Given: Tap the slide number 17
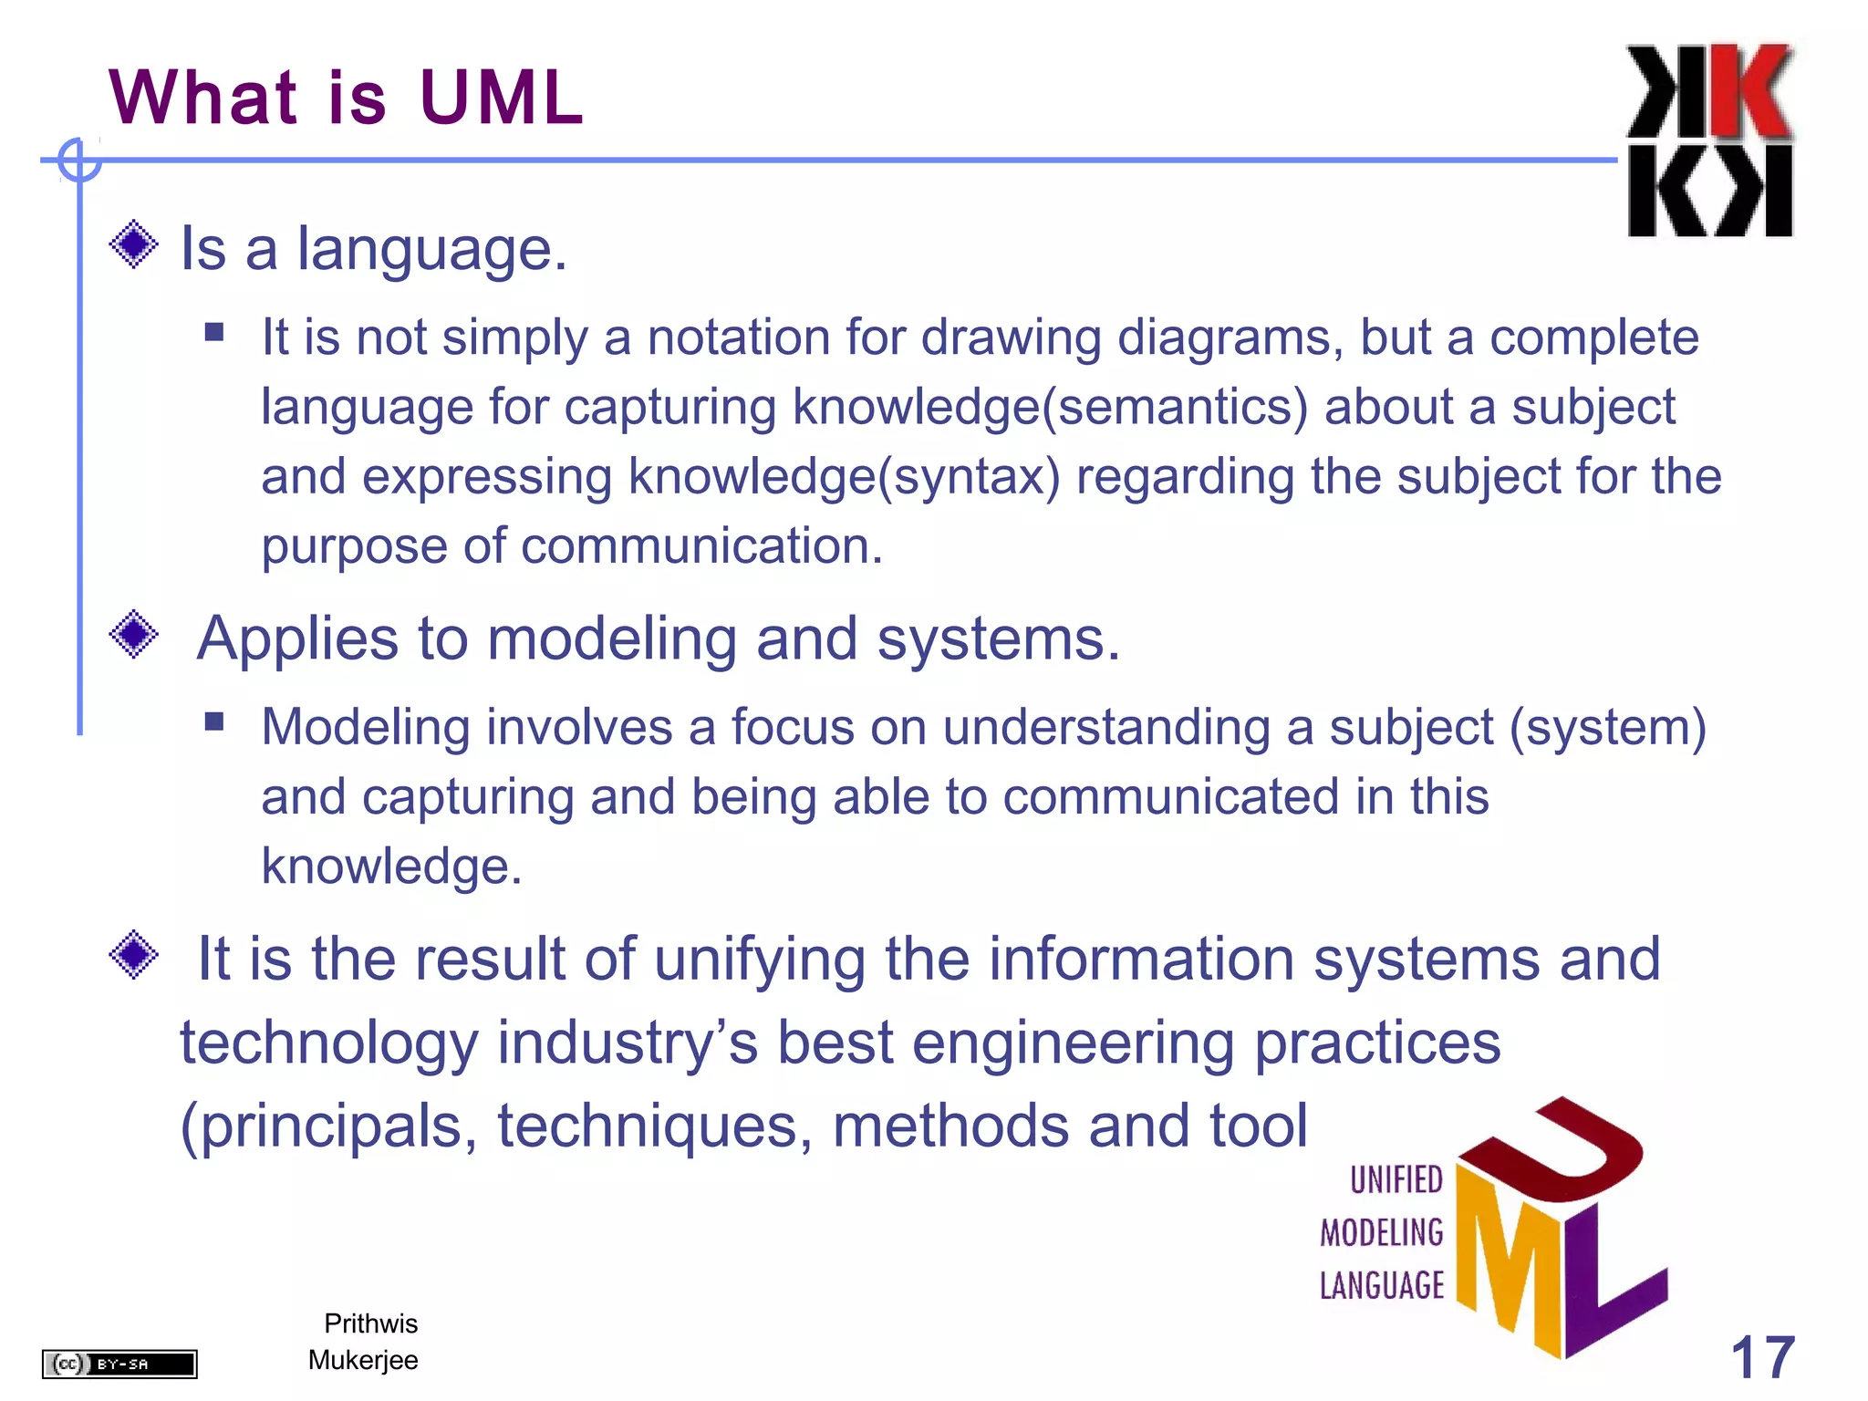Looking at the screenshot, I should click(1762, 1357).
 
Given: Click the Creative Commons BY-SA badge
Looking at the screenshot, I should click(119, 1364).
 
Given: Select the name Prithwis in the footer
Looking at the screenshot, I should click(370, 1323).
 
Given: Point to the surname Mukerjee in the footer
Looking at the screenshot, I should click(363, 1360).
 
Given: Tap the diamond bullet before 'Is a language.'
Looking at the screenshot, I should click(133, 244).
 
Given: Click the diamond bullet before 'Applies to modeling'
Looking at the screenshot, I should click(133, 634).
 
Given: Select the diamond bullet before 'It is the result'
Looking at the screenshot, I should click(133, 955).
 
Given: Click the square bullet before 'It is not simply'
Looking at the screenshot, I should click(214, 331).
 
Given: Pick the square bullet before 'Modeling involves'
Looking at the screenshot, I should click(214, 721).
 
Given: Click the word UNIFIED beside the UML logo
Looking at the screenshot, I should click(1396, 1180).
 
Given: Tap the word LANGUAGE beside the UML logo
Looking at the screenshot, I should click(1382, 1286).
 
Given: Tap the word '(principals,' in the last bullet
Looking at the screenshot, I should click(329, 1126).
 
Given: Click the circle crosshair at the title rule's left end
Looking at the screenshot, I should click(79, 161).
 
